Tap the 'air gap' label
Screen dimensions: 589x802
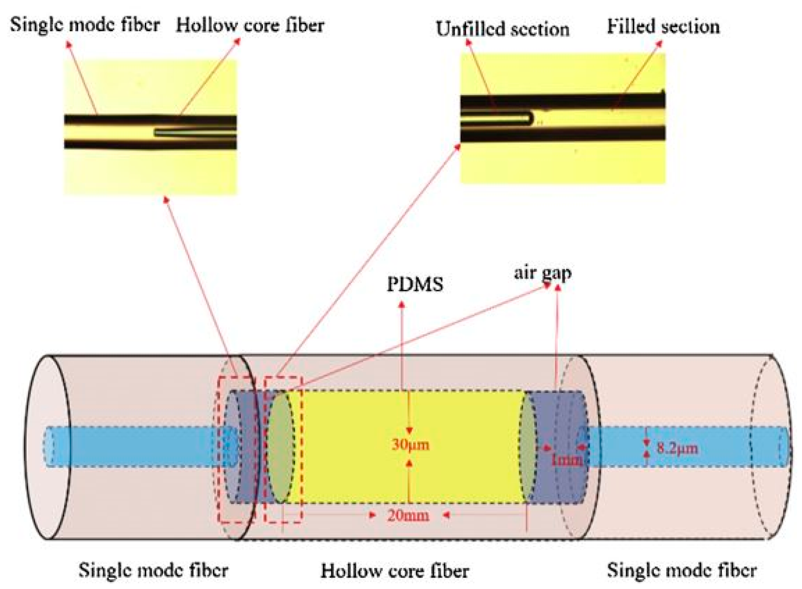click(x=542, y=273)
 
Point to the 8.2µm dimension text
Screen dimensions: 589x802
click(x=677, y=448)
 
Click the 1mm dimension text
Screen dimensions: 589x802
click(x=566, y=460)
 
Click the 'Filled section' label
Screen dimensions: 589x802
click(x=663, y=27)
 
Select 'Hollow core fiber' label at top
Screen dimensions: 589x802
click(x=250, y=26)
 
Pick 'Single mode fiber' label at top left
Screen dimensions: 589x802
click(x=85, y=25)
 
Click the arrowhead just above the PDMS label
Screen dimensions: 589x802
click(x=402, y=304)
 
